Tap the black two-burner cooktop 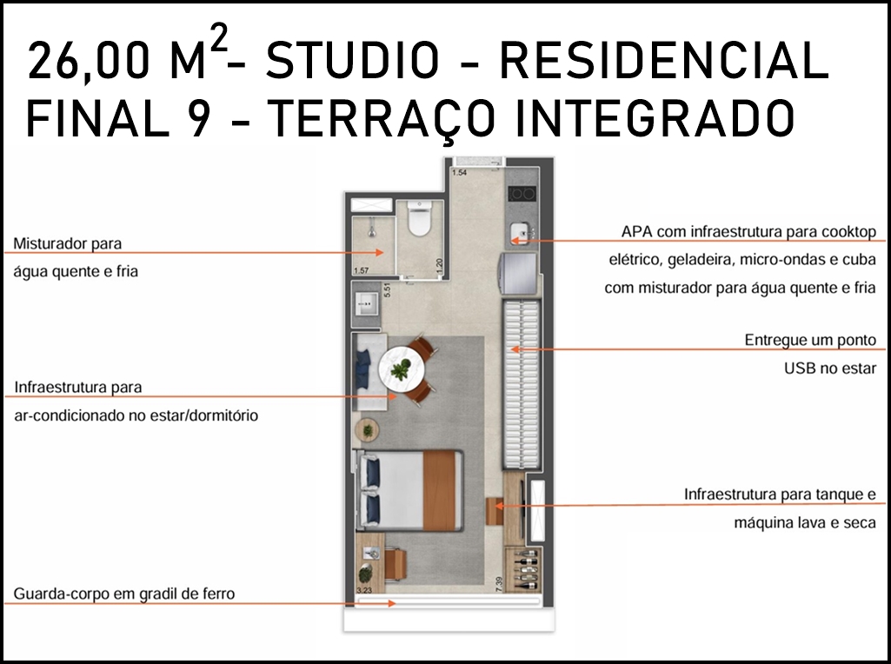[522, 195]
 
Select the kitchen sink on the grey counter [521, 233]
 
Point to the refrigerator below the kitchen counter [518, 273]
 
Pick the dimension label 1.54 [459, 173]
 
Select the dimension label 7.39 [500, 584]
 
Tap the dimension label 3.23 [364, 591]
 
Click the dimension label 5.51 [388, 290]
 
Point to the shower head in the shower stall [371, 230]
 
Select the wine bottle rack [522, 570]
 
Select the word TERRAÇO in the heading [379, 119]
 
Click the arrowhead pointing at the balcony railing [391, 603]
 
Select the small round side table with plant [368, 430]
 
